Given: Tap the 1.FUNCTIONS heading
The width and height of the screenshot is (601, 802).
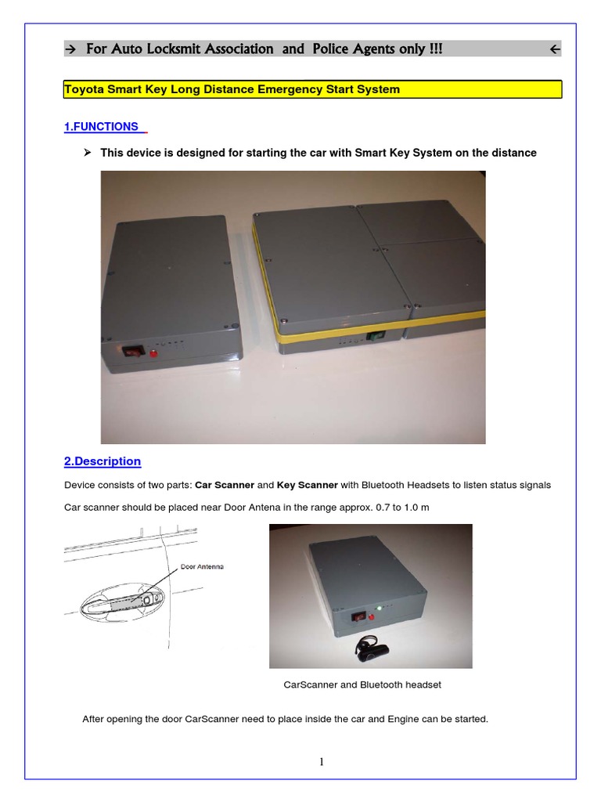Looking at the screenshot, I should tap(101, 127).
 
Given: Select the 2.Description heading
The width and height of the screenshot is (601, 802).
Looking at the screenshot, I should tap(102, 461).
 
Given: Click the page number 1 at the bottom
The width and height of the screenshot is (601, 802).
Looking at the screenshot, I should tap(322, 763).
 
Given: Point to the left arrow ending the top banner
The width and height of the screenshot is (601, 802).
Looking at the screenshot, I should tap(554, 50).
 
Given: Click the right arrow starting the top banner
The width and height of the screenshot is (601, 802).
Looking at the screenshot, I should tap(70, 50).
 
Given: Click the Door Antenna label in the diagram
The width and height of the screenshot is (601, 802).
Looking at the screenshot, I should tap(202, 566).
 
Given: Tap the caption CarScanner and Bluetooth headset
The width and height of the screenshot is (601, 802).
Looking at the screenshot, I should tap(362, 685).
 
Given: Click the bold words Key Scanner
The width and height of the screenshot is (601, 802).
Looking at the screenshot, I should tap(307, 486).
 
